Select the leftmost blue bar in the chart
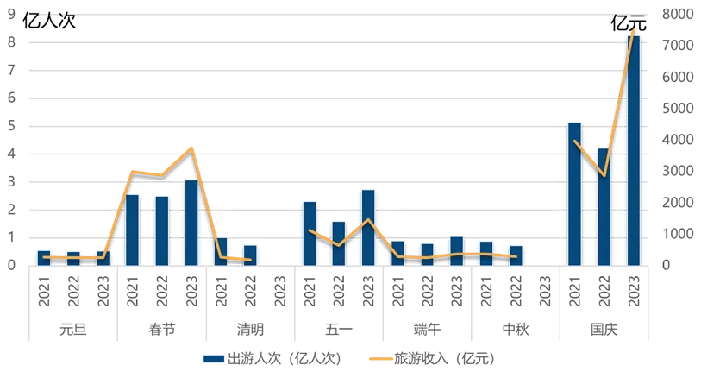pos(43,257)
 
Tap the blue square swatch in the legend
pos(213,358)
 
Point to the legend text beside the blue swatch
pos(285,358)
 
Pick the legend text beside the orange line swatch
pos(445,358)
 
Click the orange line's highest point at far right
pos(634,30)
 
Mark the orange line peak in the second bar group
pos(191,148)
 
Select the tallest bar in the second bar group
pos(191,222)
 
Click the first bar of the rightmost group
pos(574,193)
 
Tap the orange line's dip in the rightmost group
pos(604,176)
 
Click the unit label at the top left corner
pos(52,18)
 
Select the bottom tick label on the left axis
pos(12,265)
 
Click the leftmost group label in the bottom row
pos(72,328)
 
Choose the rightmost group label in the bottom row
pos(604,328)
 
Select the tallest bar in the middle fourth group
pos(368,226)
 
